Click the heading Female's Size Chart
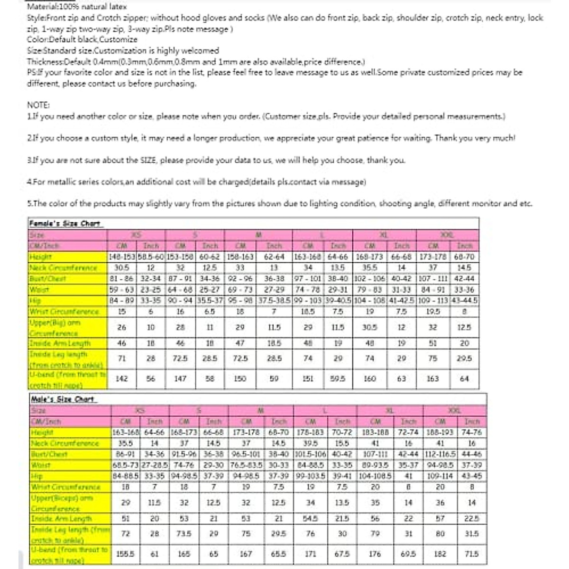[65, 223]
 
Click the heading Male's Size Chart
[62, 399]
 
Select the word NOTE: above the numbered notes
[38, 105]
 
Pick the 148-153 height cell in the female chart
[122, 257]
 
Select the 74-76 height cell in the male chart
[472, 432]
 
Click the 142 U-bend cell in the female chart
[122, 378]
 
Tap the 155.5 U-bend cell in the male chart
[126, 554]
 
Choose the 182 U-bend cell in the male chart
[440, 554]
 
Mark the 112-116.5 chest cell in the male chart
[440, 454]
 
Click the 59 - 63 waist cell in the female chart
[122, 289]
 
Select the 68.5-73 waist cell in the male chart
[126, 465]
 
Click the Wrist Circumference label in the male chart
[65, 486]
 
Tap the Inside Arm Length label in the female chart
[60, 343]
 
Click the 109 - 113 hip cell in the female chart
[433, 300]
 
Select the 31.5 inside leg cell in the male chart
[472, 533]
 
